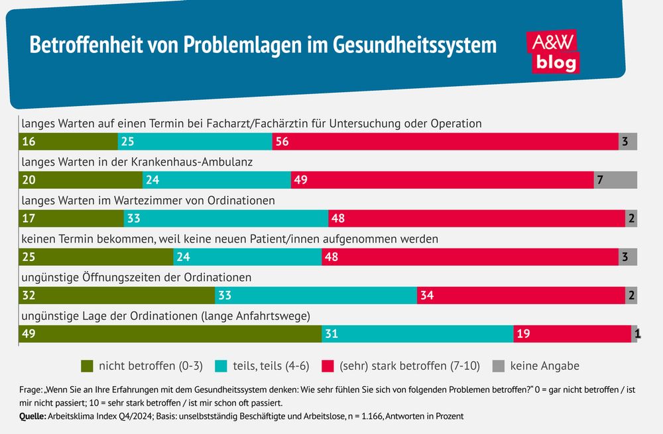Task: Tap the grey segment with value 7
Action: [x=615, y=180]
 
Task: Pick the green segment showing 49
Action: [x=170, y=334]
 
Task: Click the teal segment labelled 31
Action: [x=418, y=334]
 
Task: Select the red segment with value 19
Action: [x=572, y=334]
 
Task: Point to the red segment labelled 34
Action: [x=521, y=296]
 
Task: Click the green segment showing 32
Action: [x=117, y=296]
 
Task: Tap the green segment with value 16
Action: [x=68, y=141]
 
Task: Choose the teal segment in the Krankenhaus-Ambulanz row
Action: [x=217, y=180]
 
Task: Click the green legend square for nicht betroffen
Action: [x=87, y=366]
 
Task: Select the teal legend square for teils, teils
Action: [x=220, y=366]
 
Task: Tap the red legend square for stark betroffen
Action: [x=328, y=366]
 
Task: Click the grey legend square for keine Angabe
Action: [x=500, y=366]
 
